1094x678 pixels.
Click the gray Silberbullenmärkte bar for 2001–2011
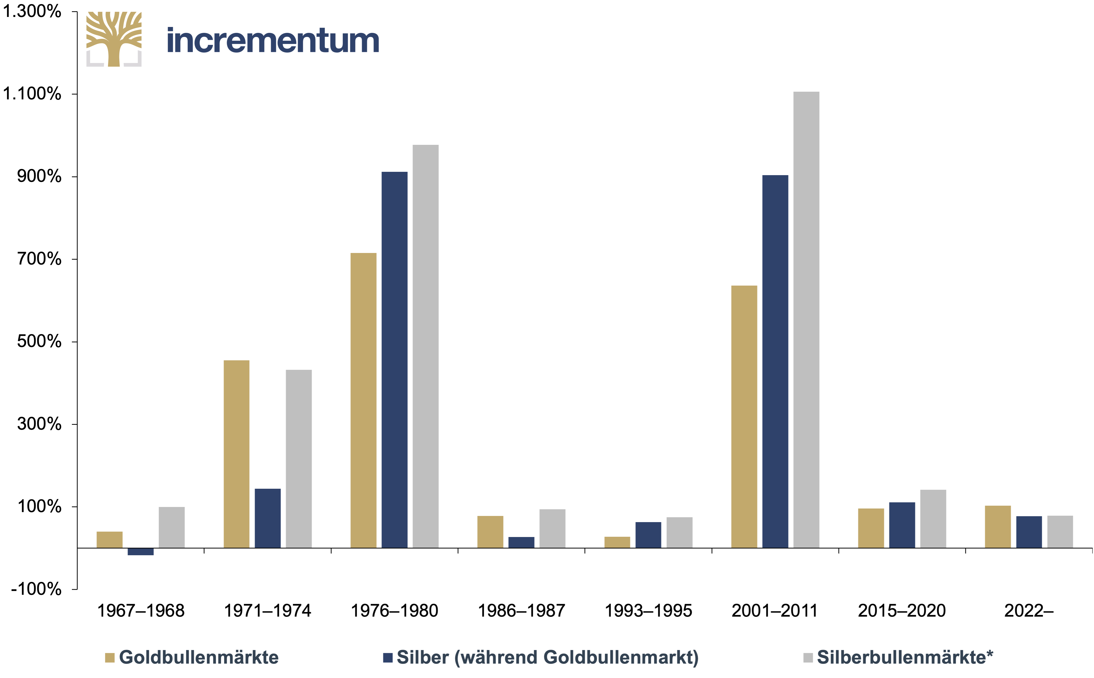pos(806,320)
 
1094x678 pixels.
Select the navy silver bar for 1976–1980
pos(394,360)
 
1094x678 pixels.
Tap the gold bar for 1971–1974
pos(236,454)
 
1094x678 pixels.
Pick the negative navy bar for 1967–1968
pos(140,552)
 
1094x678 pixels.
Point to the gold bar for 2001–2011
pos(744,417)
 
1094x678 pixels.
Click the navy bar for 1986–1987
pos(521,543)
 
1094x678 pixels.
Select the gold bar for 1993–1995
pos(617,543)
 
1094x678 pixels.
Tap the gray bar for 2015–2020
pos(933,519)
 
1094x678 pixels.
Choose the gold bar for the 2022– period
pos(998,527)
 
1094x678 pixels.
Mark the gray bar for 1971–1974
pos(299,459)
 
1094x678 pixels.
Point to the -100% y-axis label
pos(36,589)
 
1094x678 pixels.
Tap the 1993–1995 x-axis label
pos(648,611)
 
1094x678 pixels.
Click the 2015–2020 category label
pos(902,611)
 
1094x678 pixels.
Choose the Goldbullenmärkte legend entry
pos(192,657)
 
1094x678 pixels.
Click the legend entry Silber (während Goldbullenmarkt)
pos(541,657)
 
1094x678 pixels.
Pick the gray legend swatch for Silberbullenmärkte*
pos(808,658)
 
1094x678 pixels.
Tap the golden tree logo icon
pos(114,39)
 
